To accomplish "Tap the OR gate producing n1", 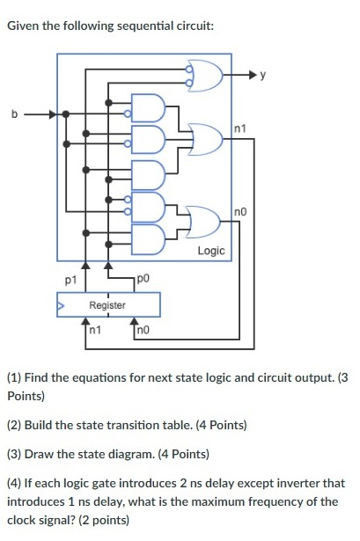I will coord(206,137).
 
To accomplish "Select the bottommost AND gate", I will coord(149,238).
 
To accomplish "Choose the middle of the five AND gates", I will coord(149,173).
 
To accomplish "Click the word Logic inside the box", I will coord(211,251).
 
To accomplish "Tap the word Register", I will coord(107,305).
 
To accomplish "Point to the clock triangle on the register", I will coord(62,305).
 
